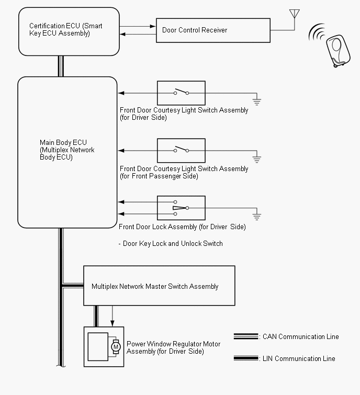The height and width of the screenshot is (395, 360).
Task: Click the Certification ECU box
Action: (x=69, y=31)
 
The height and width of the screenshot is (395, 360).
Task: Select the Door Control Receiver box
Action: (x=213, y=30)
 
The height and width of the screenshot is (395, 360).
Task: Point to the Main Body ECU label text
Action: (x=66, y=150)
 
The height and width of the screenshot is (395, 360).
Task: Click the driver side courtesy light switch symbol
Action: (x=181, y=93)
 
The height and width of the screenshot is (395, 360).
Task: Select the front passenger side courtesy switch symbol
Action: (x=181, y=150)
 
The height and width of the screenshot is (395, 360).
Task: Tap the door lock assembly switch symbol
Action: (x=181, y=208)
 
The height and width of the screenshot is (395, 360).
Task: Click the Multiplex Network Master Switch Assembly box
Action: (x=159, y=286)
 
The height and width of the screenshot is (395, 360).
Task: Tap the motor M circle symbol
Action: (x=116, y=346)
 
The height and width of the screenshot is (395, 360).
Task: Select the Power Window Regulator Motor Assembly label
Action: (x=173, y=348)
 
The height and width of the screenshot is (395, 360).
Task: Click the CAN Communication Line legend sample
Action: (x=246, y=337)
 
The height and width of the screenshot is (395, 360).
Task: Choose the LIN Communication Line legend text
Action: (x=299, y=358)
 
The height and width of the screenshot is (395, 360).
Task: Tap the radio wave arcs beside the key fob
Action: (x=316, y=34)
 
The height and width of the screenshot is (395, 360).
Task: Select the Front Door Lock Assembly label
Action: (x=182, y=227)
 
